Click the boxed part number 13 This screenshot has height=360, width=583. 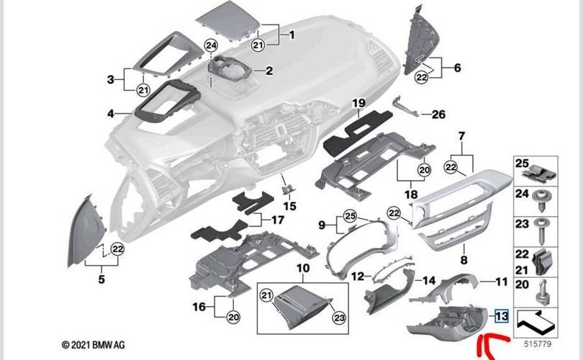502,315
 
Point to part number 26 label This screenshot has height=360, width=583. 438,114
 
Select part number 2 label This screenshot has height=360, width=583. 268,71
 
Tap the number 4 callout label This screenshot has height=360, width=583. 110,113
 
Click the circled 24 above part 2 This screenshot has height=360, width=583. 210,45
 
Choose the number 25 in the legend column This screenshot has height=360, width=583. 522,165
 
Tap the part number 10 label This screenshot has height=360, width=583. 303,268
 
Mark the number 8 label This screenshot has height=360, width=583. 464,258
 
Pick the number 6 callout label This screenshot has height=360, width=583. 456,68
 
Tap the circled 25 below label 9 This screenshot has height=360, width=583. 350,215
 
